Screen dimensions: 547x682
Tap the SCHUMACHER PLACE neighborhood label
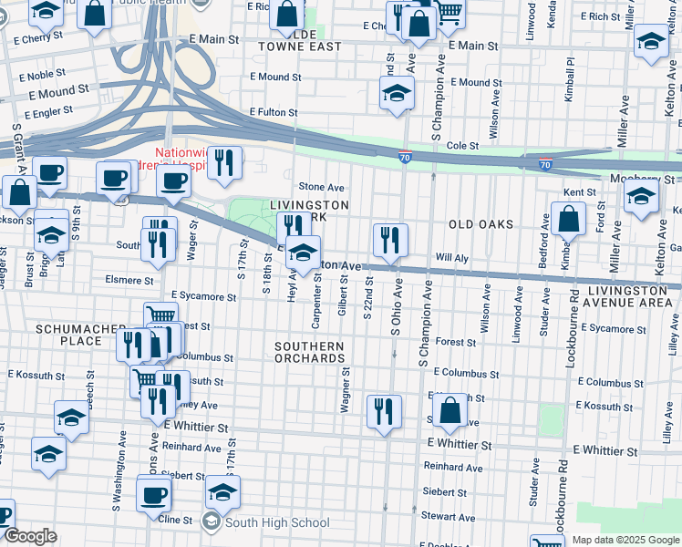tap(68, 335)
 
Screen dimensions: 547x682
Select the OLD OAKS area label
tap(480, 224)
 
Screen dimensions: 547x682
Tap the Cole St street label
tap(462, 145)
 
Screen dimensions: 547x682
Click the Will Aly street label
tap(451, 259)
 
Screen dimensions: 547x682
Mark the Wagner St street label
tap(346, 391)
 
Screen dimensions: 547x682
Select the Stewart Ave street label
tap(448, 517)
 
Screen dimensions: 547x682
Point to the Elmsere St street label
tap(129, 280)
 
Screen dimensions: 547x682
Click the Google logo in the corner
tap(29, 535)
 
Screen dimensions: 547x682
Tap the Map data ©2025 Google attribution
tap(625, 540)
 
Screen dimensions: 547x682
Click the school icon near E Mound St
tap(397, 93)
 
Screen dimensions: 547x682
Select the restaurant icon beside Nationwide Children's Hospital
tap(224, 162)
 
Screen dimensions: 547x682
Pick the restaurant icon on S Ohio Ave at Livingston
tap(390, 241)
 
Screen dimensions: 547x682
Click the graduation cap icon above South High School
tap(222, 492)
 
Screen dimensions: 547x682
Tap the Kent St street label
tap(579, 193)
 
